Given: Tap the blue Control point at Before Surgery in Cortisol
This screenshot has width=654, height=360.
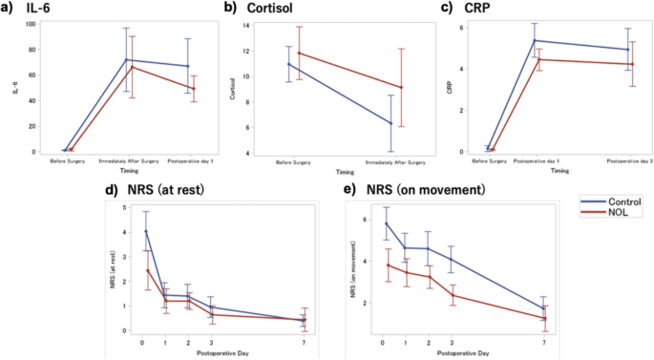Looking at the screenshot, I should point(288,64).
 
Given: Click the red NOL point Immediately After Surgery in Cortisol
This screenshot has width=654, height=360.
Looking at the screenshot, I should point(401,88).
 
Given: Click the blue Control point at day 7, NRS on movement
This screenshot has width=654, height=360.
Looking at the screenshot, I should point(544,308).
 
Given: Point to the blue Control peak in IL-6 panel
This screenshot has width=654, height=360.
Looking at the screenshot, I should point(126,60).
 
